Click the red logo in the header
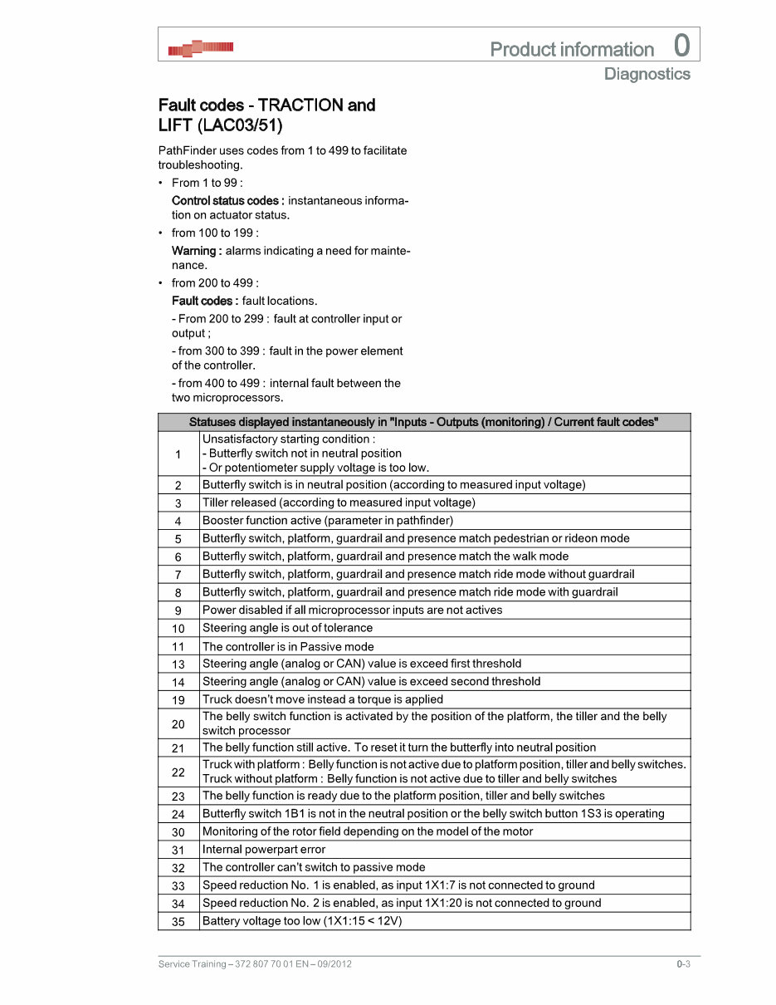tap(200, 49)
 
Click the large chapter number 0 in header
tap(681, 46)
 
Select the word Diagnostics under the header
tap(647, 74)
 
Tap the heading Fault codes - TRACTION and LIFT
tap(266, 115)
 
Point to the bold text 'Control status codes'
tap(227, 200)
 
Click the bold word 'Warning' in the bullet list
tap(196, 251)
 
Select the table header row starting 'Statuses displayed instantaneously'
tap(423, 422)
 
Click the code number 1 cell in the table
tap(178, 453)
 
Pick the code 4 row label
tap(178, 521)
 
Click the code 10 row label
tap(178, 628)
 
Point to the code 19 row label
tap(178, 699)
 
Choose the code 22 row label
tap(178, 772)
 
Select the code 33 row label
tap(178, 885)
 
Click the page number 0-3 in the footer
tap(683, 964)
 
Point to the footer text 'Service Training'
tap(192, 964)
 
